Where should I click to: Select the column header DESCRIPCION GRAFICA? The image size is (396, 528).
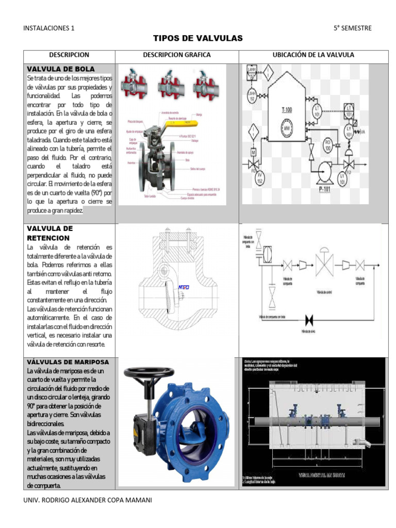point(177,55)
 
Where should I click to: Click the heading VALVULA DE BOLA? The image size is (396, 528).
point(61,69)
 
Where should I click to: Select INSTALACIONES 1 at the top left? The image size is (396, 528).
point(49,28)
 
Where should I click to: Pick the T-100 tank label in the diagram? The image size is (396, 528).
point(287,109)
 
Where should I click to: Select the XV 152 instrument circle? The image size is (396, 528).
point(260,179)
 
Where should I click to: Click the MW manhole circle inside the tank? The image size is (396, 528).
point(287,127)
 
